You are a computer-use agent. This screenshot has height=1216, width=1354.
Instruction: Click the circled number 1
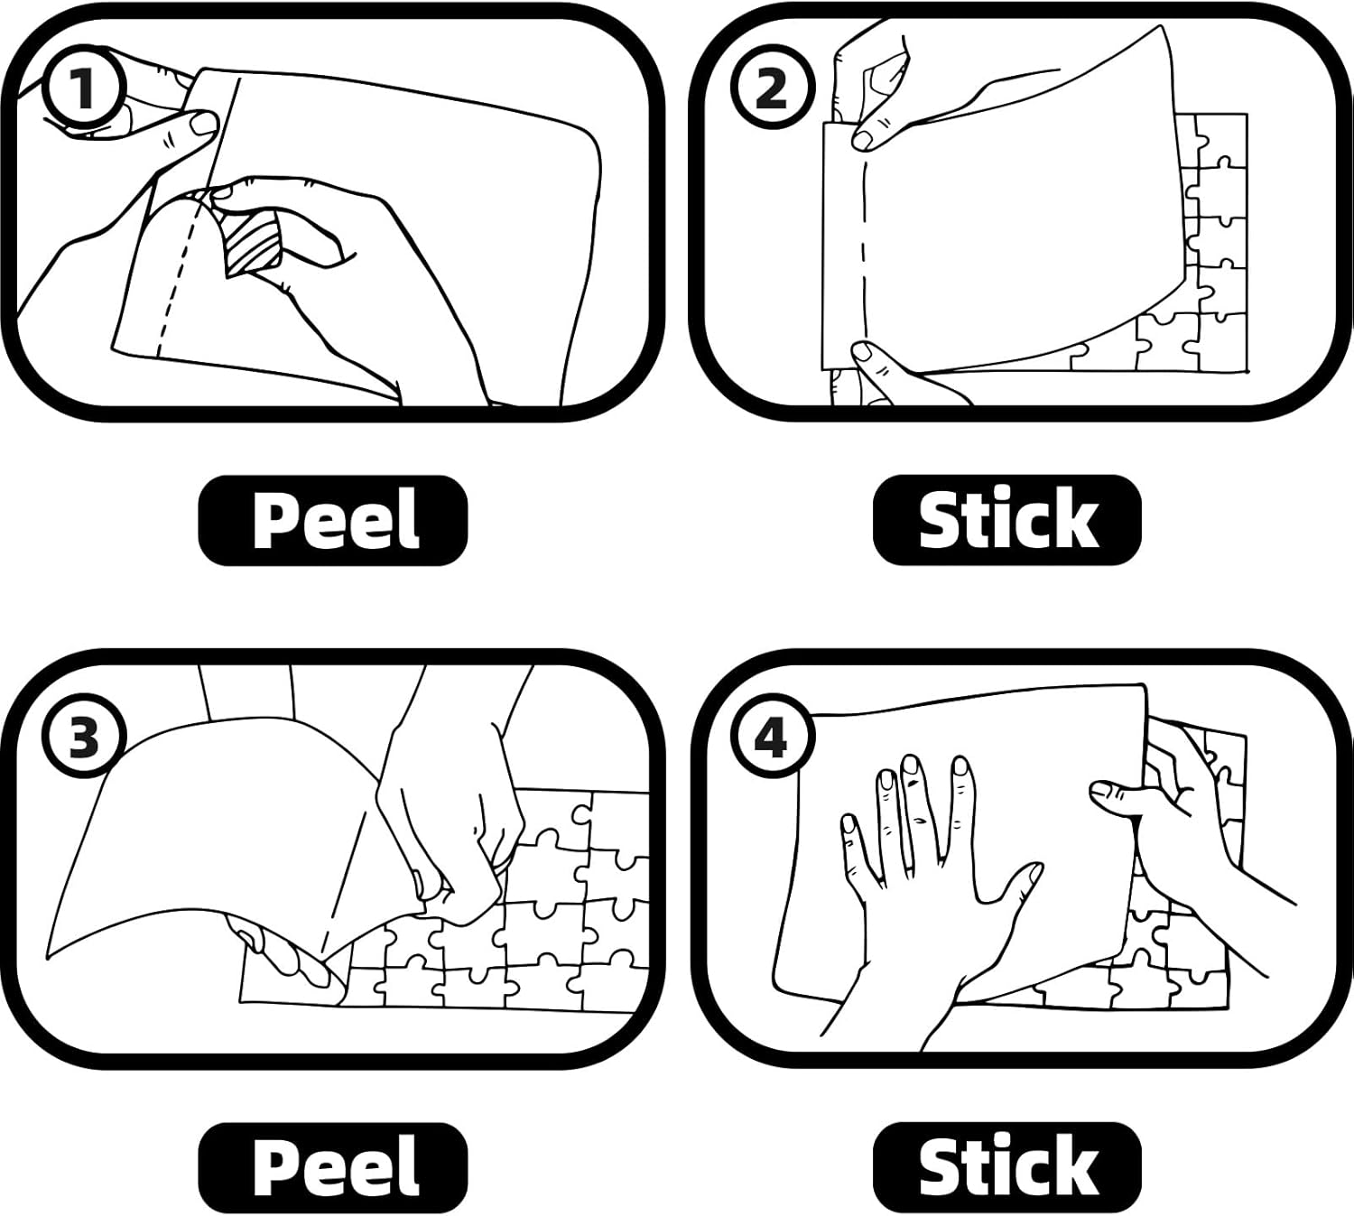pyautogui.click(x=84, y=88)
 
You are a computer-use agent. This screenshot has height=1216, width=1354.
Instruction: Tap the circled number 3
pyautogui.click(x=84, y=738)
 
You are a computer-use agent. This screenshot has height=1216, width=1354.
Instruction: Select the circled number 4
pyautogui.click(x=774, y=738)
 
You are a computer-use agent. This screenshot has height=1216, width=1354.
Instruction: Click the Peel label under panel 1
pyautogui.click(x=333, y=519)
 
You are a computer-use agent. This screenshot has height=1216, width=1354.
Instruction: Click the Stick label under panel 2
pyautogui.click(x=1007, y=519)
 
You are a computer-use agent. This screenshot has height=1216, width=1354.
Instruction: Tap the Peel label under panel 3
pyautogui.click(x=333, y=1168)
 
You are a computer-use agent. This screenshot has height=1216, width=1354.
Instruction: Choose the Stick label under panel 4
pyautogui.click(x=1007, y=1168)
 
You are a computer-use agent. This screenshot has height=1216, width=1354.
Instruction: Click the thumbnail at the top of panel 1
pyautogui.click(x=201, y=123)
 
